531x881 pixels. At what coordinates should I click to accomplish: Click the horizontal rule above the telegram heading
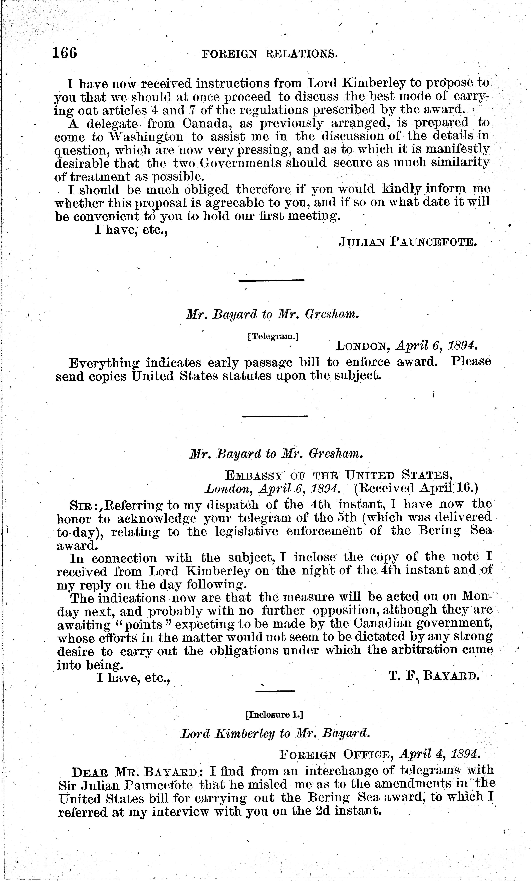click(271, 280)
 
